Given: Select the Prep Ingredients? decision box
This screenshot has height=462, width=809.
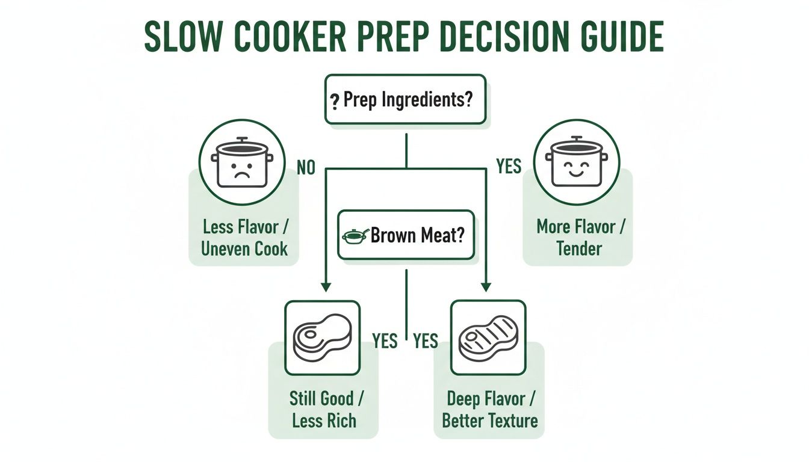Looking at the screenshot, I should tap(405, 99).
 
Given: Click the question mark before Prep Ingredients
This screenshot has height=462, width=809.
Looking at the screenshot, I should tap(334, 100).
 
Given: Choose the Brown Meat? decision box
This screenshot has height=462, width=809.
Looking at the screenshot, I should tap(406, 235).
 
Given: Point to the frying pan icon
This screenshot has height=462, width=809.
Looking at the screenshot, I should tap(355, 235).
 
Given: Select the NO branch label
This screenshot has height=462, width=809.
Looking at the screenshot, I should tap(305, 168).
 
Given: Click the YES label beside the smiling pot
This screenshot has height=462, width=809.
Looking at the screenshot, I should tap(509, 167).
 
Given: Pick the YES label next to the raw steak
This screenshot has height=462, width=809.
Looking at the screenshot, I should tap(385, 341).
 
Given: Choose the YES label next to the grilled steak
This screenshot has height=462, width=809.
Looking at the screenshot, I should tap(425, 341).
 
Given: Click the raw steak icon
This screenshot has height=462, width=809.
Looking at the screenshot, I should tap(322, 338).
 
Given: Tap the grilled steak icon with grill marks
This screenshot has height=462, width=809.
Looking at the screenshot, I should tap(488, 338).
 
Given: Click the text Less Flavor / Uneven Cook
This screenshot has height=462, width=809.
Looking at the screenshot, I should tap(244, 238).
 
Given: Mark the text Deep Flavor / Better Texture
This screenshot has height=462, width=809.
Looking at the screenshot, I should tap(489, 409).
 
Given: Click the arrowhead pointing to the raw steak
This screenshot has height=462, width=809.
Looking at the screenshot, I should tap(325, 287).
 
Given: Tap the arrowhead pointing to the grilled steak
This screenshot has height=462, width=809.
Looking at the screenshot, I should tap(486, 287).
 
